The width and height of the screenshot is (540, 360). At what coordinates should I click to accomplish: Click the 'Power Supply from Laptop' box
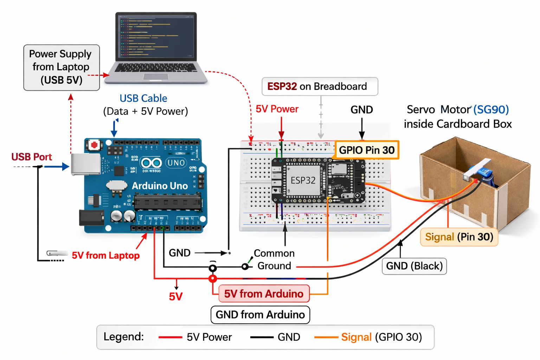coord(62,67)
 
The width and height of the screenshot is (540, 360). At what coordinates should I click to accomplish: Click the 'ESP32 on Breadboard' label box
coord(320,86)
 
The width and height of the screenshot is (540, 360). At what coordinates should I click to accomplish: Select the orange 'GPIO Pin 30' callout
coord(367,150)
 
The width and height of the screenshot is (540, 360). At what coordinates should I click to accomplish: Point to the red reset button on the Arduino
coord(94,145)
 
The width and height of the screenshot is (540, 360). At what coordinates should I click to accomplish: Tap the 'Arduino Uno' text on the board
coord(160,186)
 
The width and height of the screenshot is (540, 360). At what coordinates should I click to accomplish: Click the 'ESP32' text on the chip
coord(303,180)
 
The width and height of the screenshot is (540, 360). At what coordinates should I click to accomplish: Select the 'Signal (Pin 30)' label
coord(459,237)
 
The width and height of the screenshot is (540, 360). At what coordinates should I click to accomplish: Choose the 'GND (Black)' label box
coord(414,266)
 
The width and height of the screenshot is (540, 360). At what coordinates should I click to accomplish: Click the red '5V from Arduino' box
coord(264,294)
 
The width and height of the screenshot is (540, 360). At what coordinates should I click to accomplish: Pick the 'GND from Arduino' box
coord(260,315)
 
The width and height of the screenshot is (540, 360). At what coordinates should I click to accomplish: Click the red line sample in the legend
coord(170,337)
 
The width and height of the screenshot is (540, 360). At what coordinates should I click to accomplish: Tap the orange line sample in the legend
coord(326,337)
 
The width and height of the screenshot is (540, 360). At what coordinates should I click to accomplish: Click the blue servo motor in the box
coord(485,174)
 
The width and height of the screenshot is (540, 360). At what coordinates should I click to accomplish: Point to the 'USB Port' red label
coord(32,157)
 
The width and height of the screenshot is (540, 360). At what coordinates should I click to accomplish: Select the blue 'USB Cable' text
coord(143,98)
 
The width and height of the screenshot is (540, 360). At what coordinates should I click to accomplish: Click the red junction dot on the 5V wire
coord(213,279)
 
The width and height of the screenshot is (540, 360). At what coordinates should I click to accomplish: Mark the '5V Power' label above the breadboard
coord(277,109)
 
